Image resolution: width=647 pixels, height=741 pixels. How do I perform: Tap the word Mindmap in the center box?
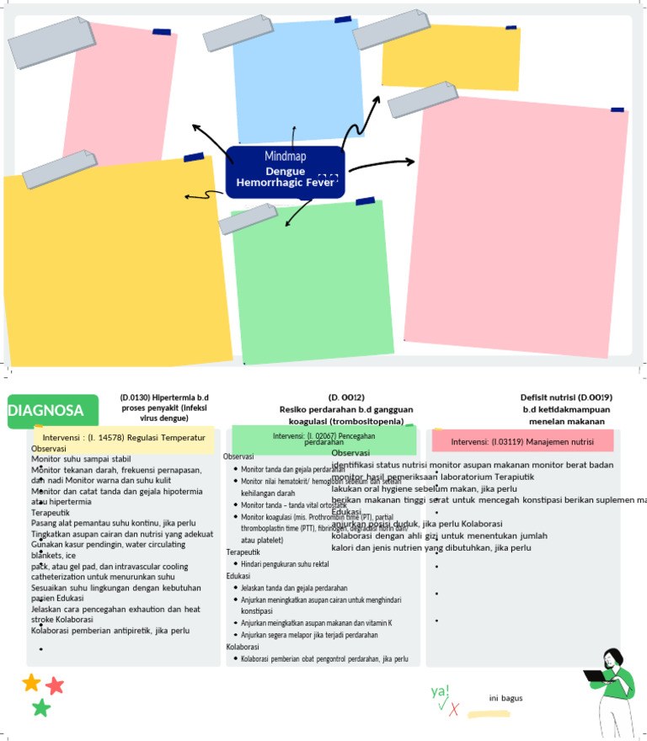286,157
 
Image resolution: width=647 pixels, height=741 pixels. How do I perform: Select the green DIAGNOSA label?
46,411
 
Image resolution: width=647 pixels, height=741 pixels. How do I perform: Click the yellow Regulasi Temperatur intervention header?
124,438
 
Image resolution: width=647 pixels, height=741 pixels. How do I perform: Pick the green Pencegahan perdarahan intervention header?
324,439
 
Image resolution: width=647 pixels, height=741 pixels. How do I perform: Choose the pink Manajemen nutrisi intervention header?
521,441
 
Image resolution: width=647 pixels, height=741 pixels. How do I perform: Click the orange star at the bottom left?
31,682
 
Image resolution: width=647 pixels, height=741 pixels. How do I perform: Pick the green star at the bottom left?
41,708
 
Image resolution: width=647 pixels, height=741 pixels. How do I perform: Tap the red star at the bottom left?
56,685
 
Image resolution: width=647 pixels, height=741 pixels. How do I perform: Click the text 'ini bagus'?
505,698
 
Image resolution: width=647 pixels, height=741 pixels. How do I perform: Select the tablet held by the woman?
596,675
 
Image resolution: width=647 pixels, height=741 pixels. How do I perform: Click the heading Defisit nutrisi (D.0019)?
566,397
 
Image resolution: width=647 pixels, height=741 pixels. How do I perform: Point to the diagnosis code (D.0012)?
346,397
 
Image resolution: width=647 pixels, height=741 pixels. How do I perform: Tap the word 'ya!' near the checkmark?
440,691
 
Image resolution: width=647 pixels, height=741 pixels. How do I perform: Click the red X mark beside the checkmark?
454,709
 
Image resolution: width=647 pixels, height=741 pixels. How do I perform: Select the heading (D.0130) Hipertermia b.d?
164,397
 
